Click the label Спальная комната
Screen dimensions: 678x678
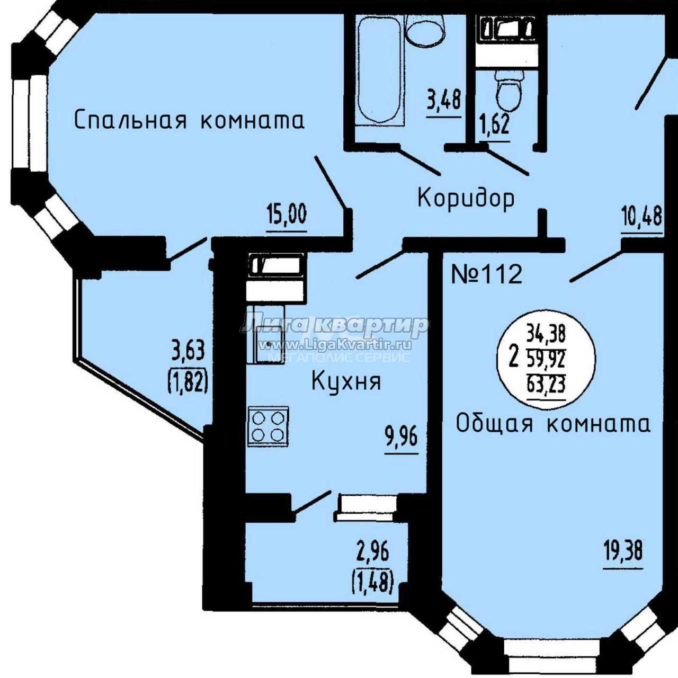pyautogui.click(x=189, y=120)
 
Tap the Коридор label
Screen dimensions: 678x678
pyautogui.click(x=466, y=199)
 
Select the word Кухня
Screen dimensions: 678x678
pyautogui.click(x=346, y=382)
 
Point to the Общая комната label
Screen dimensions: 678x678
pyautogui.click(x=553, y=424)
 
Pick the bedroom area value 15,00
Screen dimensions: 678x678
pyautogui.click(x=287, y=215)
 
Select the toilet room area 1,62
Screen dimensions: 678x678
pyautogui.click(x=495, y=125)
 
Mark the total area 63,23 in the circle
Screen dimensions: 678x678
pyautogui.click(x=546, y=384)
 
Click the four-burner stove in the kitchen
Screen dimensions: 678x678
pyautogui.click(x=268, y=427)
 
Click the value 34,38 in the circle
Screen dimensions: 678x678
pyautogui.click(x=546, y=333)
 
